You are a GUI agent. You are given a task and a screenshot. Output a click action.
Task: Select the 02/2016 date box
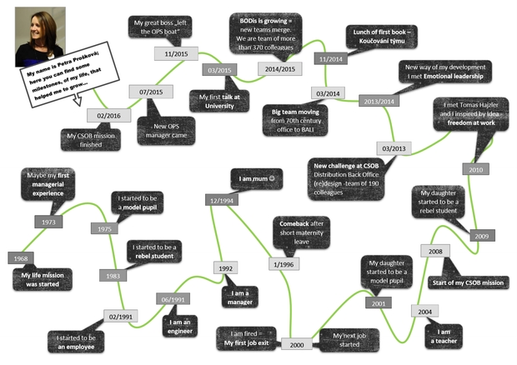pyautogui.click(x=108, y=115)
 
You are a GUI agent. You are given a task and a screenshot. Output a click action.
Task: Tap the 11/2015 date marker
pyautogui.click(x=174, y=53)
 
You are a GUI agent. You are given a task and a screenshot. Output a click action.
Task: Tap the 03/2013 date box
pyautogui.click(x=393, y=148)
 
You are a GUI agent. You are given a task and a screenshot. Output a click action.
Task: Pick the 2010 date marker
pyautogui.click(x=475, y=169)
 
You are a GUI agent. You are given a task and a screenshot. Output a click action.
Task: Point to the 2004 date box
pyautogui.click(x=425, y=311)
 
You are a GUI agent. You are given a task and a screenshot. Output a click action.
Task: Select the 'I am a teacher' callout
pyautogui.click(x=444, y=336)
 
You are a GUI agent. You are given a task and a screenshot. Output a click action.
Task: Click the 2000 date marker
pyautogui.click(x=296, y=344)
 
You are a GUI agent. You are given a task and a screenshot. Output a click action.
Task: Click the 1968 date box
pyautogui.click(x=20, y=258)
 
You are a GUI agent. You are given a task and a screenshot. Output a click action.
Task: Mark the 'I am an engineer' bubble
pyautogui.click(x=181, y=327)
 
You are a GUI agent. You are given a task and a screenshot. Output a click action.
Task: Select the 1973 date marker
pyautogui.click(x=48, y=222)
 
